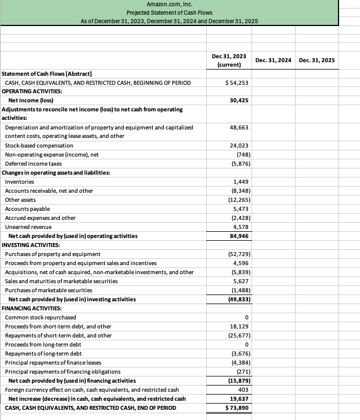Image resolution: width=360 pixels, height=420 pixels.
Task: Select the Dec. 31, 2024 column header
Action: (x=273, y=60)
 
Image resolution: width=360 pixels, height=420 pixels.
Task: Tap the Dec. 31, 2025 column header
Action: (x=316, y=60)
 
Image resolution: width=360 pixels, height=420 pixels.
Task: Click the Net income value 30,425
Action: (x=240, y=100)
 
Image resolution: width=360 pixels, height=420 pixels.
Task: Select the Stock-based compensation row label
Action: (x=39, y=145)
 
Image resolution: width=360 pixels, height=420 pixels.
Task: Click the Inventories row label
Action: (x=19, y=181)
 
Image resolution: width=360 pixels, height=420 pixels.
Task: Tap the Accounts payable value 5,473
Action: (x=241, y=209)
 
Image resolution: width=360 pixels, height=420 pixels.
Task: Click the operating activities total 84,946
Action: (x=240, y=236)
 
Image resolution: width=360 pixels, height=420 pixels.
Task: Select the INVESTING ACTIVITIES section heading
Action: (x=32, y=245)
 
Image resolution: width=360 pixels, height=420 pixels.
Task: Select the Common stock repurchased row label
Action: (x=40, y=318)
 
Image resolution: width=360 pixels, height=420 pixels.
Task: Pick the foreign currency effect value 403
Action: (x=243, y=389)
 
